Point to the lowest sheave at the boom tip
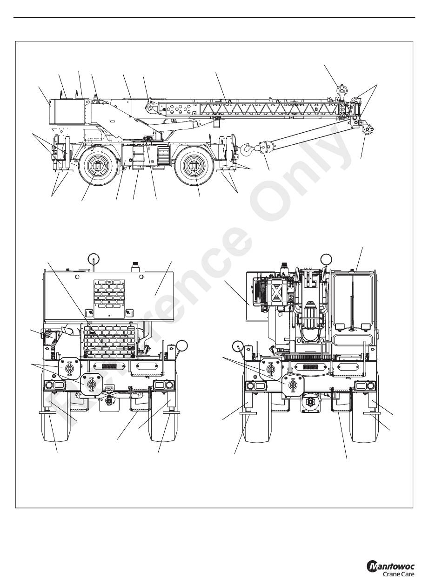tap(368, 130)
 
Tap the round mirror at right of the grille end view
tap(182, 346)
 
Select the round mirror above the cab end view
tap(326, 259)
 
